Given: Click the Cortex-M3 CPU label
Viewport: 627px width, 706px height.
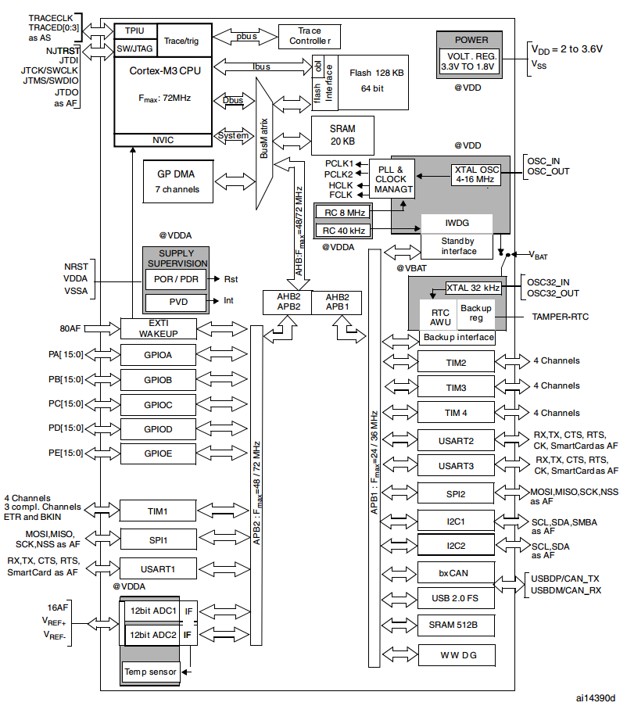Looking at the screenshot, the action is coord(165,70).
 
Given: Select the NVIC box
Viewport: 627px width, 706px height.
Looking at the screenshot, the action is coord(163,140).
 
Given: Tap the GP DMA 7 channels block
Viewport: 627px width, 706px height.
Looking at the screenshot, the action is coord(177,181).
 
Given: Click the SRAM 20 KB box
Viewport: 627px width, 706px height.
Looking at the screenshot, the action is coord(342,135).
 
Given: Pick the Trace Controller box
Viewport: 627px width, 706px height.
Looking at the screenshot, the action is coord(310,36).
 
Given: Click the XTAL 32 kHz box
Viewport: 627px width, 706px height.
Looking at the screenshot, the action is coord(473,288).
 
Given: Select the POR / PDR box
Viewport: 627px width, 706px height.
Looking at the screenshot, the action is coord(176,279).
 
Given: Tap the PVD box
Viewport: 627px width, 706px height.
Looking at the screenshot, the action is coord(177,302).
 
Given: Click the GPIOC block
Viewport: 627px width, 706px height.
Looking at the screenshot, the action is coord(158,405).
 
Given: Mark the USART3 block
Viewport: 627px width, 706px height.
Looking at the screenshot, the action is coord(456,466).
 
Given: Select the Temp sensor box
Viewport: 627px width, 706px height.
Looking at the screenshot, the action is coord(150,672).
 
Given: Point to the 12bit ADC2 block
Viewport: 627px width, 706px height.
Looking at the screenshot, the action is coord(152,635).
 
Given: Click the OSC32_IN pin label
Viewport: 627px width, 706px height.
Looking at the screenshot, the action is coord(548,282).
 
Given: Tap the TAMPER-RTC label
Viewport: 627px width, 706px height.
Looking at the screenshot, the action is coord(560,317).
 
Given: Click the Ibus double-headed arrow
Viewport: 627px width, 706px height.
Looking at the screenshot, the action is coord(263,66).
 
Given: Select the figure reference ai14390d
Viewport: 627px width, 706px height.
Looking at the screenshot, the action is coord(596,698).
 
